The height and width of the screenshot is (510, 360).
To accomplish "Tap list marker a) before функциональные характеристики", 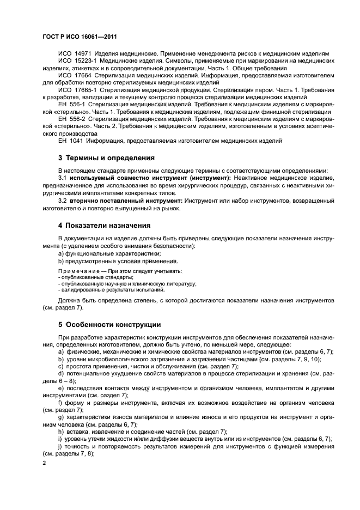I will tap(61, 253).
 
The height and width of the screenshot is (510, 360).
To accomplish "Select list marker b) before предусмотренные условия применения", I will tap(61, 261).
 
